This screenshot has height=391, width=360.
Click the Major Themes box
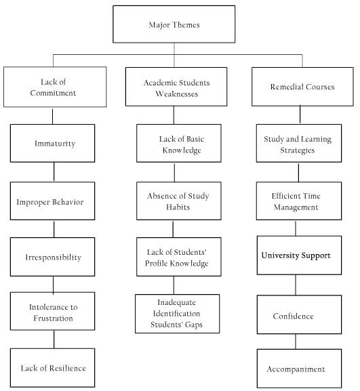174,24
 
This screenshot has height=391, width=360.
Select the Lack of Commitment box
55,87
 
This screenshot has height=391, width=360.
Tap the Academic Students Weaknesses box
176,87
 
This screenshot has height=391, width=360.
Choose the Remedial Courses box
302,87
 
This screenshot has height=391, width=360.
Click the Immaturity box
52,143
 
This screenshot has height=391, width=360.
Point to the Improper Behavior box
52,201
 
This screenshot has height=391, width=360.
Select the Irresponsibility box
52,257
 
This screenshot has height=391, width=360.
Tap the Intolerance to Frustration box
52,311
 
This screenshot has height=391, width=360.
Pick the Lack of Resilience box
52,367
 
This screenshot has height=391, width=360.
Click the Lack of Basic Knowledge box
178,143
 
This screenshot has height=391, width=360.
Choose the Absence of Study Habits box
178,201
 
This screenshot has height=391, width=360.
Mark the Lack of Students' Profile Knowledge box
178,257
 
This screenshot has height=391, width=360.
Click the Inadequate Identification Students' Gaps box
177,314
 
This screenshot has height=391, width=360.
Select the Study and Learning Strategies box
298,143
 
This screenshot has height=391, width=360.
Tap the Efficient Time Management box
298,201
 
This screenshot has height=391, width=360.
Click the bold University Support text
296,255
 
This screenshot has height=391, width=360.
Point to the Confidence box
299,314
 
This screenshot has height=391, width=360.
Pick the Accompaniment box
299,369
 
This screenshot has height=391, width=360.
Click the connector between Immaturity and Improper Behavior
54,172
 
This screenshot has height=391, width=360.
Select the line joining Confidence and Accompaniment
296,342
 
